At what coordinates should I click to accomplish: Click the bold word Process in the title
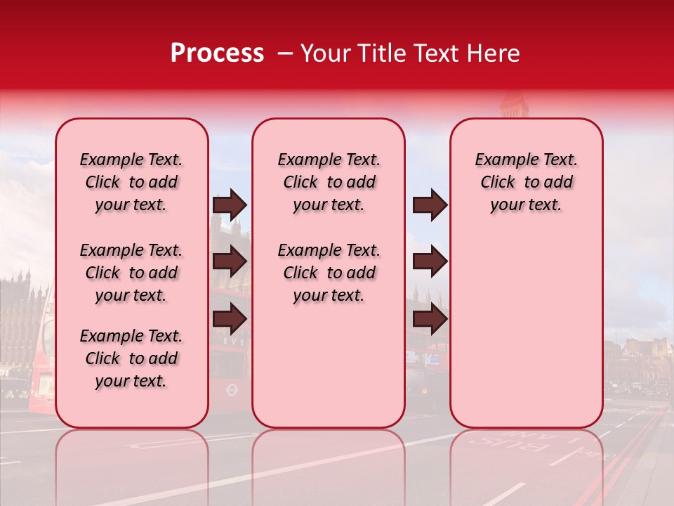[x=217, y=53]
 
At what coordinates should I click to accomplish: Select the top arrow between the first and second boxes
[x=230, y=205]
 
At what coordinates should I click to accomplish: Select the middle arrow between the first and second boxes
[x=230, y=262]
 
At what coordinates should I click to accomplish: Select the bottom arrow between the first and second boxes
[x=230, y=319]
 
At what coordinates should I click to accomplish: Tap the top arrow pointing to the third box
[x=430, y=205]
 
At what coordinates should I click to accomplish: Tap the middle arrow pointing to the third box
[x=430, y=262]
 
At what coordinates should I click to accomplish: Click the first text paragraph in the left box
[x=131, y=182]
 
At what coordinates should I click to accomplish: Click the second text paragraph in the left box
[x=131, y=273]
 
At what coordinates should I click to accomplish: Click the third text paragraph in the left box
[x=131, y=358]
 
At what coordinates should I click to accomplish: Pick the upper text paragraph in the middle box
[x=329, y=182]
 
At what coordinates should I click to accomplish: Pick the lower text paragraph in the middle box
[x=329, y=273]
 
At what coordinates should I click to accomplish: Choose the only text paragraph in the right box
[x=526, y=182]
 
